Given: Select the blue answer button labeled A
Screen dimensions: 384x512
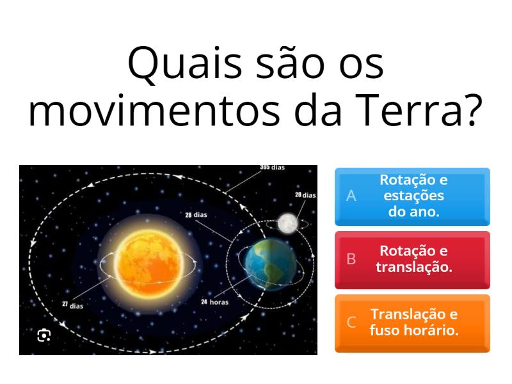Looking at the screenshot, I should point(412,196).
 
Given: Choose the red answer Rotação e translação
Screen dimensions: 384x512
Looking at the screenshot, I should point(412,259).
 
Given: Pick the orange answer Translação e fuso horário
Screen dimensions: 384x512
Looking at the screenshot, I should point(412,323).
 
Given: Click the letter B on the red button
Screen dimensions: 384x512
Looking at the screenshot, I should point(351,259).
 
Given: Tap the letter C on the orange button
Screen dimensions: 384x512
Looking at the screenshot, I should point(351,323).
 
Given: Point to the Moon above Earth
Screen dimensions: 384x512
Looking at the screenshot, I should point(287,223).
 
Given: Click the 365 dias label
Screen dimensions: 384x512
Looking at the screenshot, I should point(273,168).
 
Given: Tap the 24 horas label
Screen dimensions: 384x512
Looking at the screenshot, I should point(214,301).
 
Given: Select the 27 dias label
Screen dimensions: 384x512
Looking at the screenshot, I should point(72,305).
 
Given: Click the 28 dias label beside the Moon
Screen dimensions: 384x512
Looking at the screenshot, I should point(305,195).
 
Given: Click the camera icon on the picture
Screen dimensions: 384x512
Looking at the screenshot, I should point(44,335).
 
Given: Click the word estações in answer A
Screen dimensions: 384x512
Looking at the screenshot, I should point(413,196).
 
